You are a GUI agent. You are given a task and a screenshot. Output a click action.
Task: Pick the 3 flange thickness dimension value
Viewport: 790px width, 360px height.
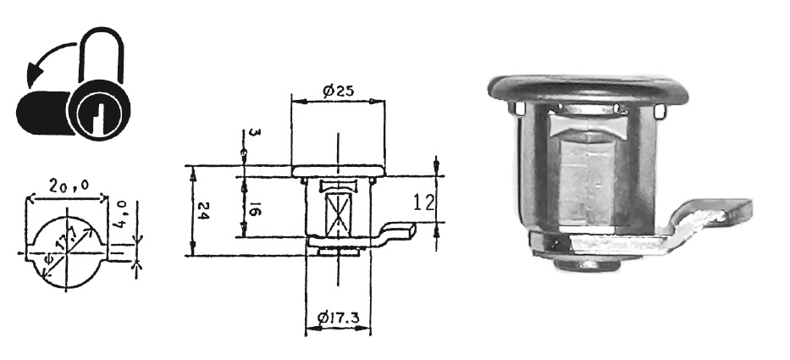[244, 136]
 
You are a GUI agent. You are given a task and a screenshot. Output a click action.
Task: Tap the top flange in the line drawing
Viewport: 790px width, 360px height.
[335, 171]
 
